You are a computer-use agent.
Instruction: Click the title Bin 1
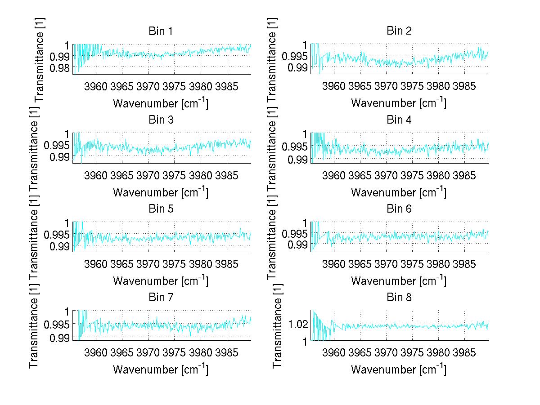coord(161,31)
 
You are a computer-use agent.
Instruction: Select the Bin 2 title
coord(399,31)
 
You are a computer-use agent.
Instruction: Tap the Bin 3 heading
coord(161,120)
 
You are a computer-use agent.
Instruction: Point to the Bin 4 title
coord(399,120)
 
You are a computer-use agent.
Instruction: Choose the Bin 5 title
coord(161,209)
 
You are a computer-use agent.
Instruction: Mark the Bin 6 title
coord(399,209)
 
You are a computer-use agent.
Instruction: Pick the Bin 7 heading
coord(161,298)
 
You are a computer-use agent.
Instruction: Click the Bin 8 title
coord(399,298)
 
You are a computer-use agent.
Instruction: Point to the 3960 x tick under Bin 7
coord(96,352)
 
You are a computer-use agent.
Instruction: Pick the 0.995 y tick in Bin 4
coord(293,147)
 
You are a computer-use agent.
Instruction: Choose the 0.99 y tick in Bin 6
coord(297,245)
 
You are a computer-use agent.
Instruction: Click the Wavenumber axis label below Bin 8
coord(399,369)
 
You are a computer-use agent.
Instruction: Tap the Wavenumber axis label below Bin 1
coord(161,103)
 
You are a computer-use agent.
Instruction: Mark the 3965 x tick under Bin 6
coord(360,264)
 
